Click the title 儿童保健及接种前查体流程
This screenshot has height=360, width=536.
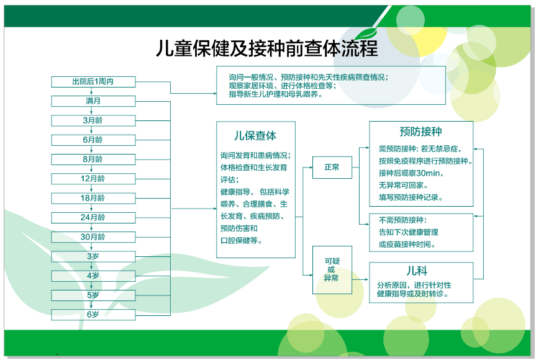267,48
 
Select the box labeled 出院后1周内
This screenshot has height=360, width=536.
93,82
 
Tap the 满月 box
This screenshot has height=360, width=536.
93,101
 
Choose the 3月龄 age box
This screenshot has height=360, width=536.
93,121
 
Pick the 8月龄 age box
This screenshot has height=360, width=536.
93,160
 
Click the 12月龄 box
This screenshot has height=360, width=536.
93,179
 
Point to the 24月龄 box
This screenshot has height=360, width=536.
93,218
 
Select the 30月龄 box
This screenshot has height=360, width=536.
93,237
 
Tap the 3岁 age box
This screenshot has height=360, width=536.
93,256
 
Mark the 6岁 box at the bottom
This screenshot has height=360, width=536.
93,315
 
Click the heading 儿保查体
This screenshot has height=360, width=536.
255,136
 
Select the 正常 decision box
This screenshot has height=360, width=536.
332,168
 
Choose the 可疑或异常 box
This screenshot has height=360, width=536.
332,270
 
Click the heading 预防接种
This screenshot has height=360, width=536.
421,132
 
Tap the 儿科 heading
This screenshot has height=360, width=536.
417,271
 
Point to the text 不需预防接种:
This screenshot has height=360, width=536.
402,220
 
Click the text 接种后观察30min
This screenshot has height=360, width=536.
409,174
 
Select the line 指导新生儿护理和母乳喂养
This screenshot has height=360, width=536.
275,94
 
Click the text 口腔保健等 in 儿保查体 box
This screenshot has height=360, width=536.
240,241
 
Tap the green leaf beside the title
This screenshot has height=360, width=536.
366,34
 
